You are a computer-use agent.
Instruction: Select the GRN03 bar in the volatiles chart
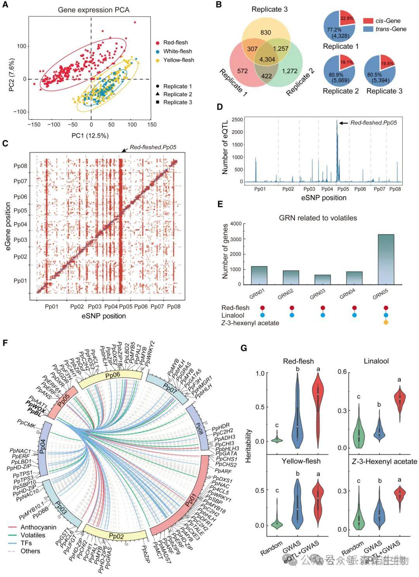click(x=322, y=280)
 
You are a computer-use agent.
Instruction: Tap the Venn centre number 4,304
click(x=267, y=59)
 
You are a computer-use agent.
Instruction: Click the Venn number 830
click(x=266, y=33)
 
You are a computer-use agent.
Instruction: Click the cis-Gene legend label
click(x=388, y=21)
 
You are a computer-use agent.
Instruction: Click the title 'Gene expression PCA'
click(x=93, y=10)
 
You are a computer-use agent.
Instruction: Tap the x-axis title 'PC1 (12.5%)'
click(x=90, y=136)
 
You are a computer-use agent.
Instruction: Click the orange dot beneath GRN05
click(x=386, y=322)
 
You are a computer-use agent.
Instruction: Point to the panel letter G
click(x=244, y=348)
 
